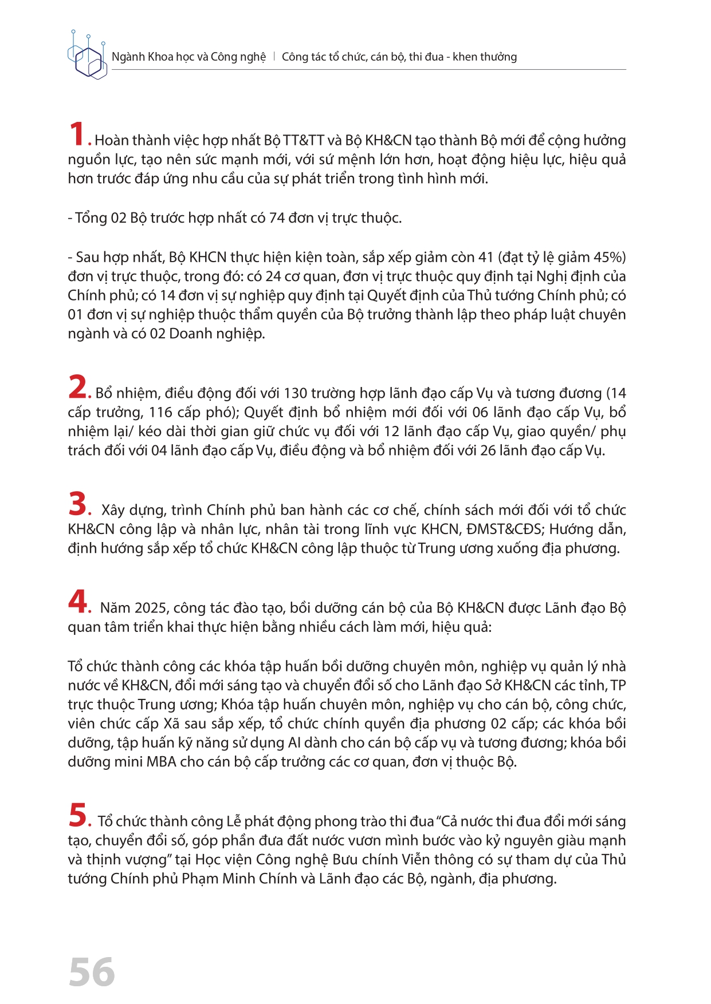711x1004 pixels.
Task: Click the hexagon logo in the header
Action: (x=87, y=56)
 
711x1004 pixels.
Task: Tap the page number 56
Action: (x=92, y=972)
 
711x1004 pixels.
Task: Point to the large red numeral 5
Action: (x=77, y=815)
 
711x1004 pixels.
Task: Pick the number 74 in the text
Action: (x=277, y=218)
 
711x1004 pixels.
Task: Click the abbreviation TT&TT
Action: (x=304, y=140)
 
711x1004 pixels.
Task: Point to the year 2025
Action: (x=151, y=608)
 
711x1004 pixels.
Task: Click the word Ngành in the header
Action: (x=128, y=57)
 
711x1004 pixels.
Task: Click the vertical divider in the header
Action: (x=274, y=57)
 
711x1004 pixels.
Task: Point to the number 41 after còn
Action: (x=486, y=257)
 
